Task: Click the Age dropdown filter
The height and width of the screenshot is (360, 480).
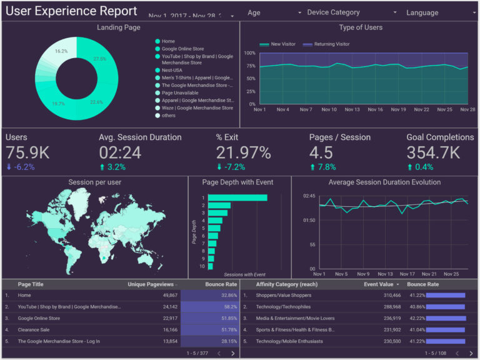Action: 274,12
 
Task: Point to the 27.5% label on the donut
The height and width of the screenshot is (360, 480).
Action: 99,59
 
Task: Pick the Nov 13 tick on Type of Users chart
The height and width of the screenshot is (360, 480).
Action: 352,109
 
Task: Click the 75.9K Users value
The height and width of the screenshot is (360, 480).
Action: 27,152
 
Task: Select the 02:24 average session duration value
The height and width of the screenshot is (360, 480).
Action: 120,152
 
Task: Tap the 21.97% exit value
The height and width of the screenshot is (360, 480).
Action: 243,152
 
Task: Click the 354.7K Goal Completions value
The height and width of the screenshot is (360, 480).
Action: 433,152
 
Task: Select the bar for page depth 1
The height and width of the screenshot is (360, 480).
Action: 237,197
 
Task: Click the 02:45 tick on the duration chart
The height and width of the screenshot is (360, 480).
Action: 308,196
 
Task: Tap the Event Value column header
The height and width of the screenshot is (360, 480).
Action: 379,284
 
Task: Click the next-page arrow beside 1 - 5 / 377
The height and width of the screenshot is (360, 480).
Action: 232,353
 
